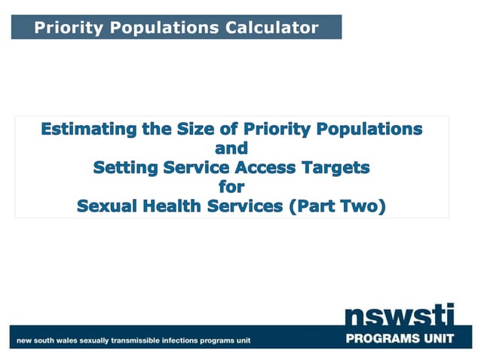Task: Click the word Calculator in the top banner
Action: [273, 28]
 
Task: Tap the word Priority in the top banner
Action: [68, 28]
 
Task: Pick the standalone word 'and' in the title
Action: [231, 148]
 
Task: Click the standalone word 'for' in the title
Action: [231, 187]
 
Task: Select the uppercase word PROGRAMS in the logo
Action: [384, 339]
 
